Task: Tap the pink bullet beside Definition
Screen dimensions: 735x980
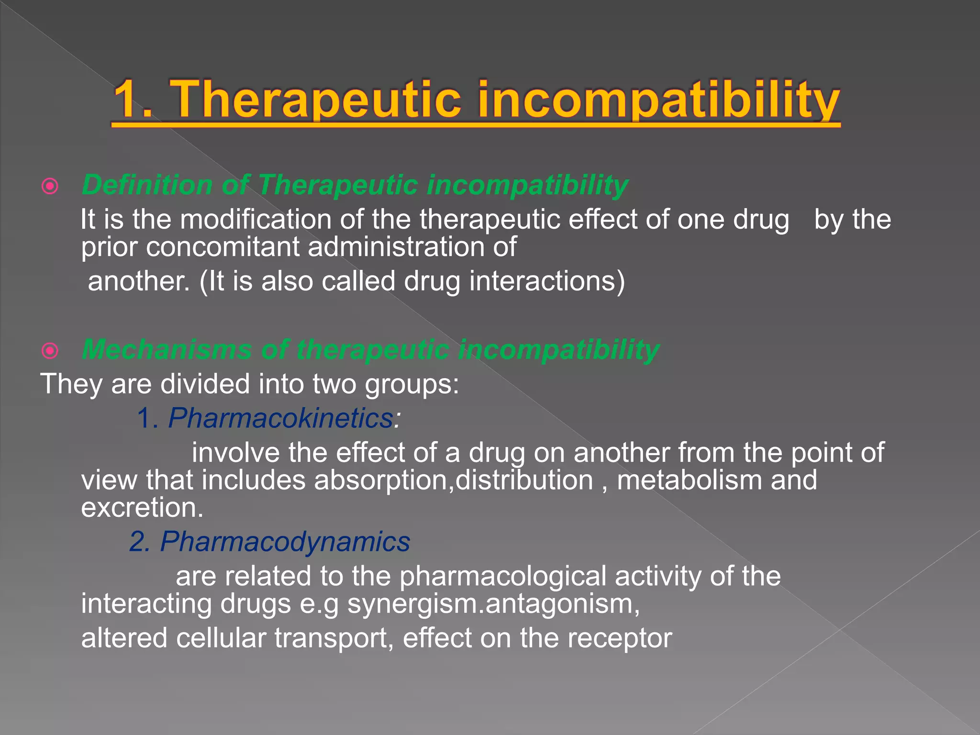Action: (x=50, y=186)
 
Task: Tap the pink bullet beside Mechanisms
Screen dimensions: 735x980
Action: (x=50, y=351)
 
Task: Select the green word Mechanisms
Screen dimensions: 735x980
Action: (x=167, y=349)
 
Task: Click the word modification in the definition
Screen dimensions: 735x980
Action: (x=256, y=220)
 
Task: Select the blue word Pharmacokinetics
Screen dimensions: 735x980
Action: (x=281, y=418)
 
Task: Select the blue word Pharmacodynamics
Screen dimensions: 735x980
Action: (x=285, y=542)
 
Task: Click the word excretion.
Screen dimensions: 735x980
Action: (x=142, y=507)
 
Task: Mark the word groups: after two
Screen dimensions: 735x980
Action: (x=412, y=385)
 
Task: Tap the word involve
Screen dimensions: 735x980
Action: (x=235, y=453)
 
